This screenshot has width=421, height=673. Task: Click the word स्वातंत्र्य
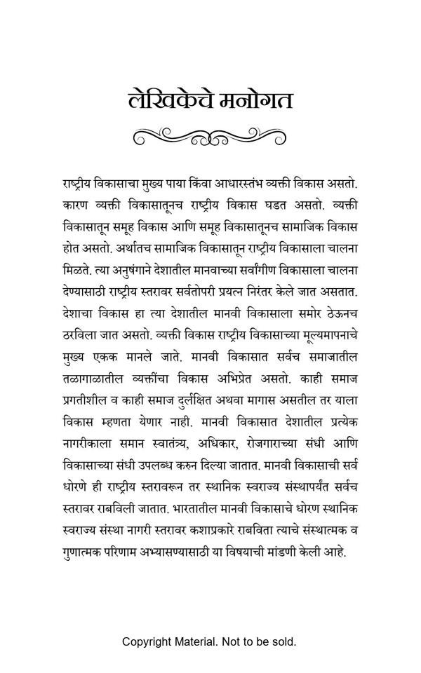tap(178, 442)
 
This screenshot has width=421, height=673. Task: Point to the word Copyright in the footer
tap(147, 641)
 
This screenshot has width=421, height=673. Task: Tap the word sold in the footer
tap(284, 641)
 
